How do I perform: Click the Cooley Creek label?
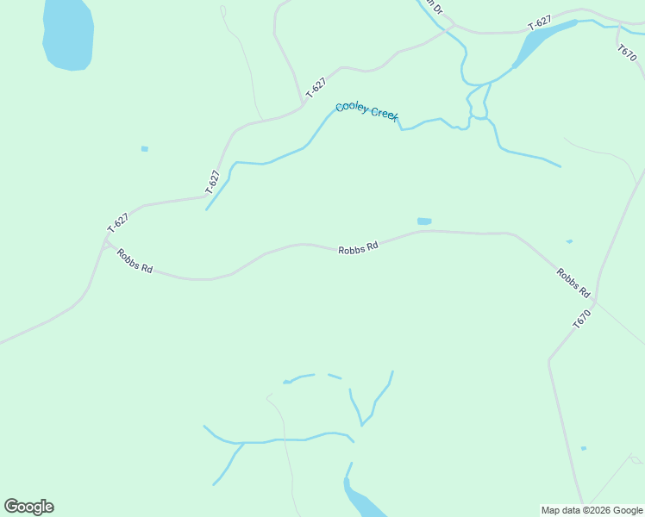click(x=366, y=111)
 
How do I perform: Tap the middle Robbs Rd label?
click(x=358, y=248)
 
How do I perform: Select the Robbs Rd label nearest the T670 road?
click(x=573, y=281)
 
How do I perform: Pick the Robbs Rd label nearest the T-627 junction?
click(x=135, y=261)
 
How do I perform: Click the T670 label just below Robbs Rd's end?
click(x=584, y=318)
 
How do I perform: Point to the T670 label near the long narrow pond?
click(x=628, y=51)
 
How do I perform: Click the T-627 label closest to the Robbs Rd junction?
click(x=118, y=222)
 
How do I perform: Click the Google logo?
click(x=28, y=507)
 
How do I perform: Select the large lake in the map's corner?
click(x=67, y=34)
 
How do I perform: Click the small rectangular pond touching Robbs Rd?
click(x=424, y=221)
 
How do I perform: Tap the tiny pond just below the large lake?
click(x=145, y=149)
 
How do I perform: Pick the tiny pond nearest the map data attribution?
click(x=584, y=448)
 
